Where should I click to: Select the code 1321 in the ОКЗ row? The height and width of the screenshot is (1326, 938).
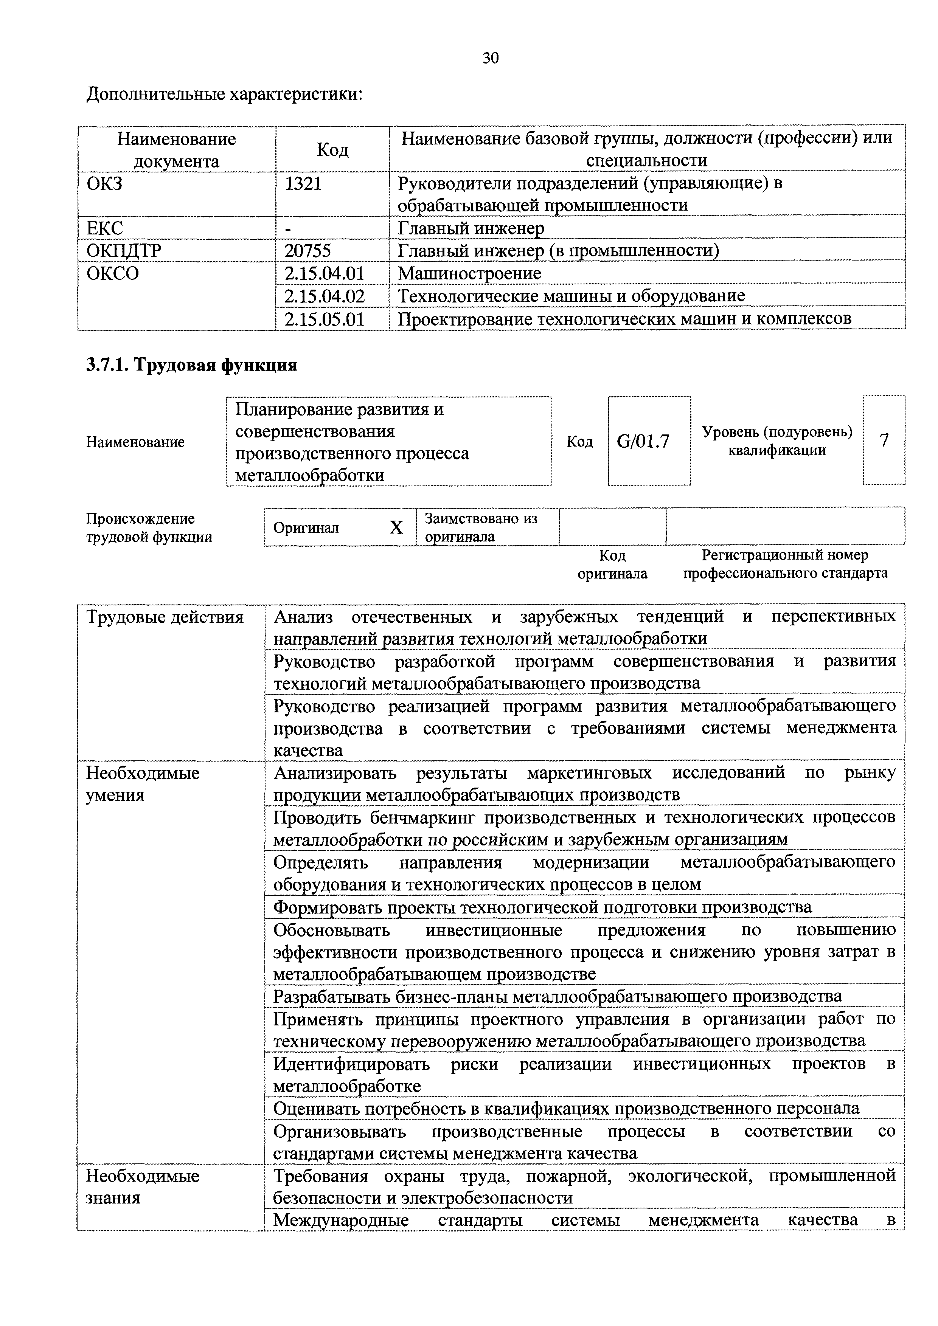303,184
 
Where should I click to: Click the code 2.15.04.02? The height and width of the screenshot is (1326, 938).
325,296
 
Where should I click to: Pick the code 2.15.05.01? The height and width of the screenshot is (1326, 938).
325,319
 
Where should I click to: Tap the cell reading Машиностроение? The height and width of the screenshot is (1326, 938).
469,273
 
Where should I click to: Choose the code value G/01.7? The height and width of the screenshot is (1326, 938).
643,442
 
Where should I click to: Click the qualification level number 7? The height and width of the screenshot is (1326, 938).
884,440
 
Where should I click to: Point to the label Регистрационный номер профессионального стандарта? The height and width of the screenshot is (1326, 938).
785,564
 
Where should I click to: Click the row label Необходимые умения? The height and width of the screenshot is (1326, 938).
143,784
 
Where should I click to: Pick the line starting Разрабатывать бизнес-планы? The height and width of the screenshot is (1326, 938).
558,996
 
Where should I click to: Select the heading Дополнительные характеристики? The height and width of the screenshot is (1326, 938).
224,93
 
